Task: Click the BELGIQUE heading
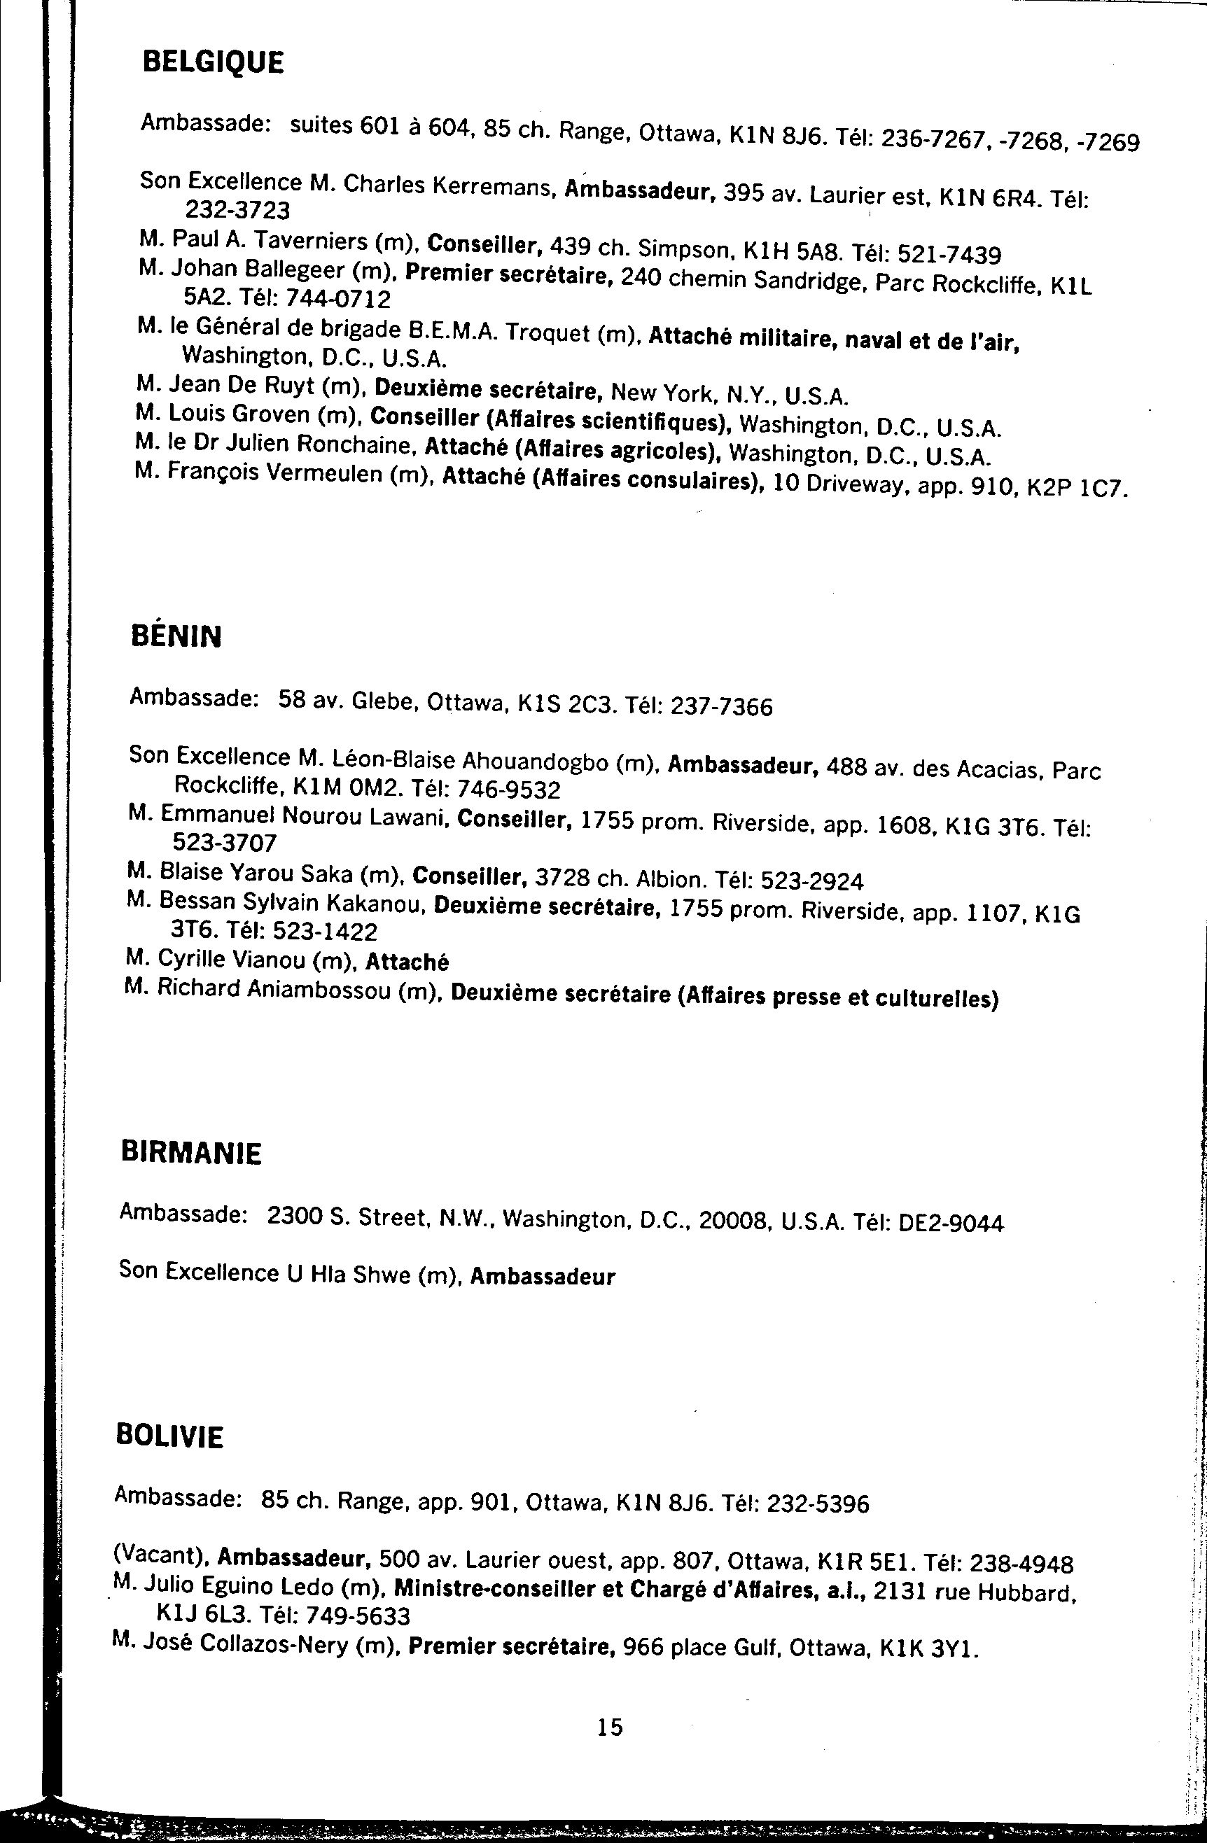pos(213,62)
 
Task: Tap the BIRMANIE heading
pos(191,1153)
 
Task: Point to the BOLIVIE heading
pos(169,1436)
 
